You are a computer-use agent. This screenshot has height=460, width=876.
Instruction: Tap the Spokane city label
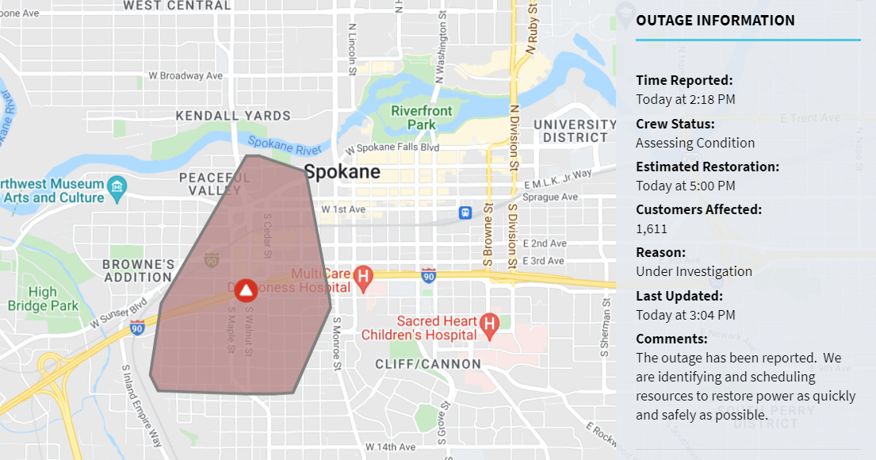[342, 171]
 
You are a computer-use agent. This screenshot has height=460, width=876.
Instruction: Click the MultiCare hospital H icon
[363, 277]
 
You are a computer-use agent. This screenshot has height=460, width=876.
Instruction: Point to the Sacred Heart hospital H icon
[489, 324]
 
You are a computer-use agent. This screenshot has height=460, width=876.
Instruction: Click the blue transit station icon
[465, 213]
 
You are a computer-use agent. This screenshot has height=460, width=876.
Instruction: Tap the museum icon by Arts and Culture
[118, 187]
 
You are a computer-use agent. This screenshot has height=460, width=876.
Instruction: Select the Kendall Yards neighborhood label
[233, 116]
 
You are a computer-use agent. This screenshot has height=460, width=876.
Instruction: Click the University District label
[575, 131]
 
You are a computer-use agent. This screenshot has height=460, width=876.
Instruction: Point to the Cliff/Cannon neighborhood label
[428, 364]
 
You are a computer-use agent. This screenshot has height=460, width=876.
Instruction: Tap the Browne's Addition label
[138, 270]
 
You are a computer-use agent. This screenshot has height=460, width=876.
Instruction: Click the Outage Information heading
[715, 21]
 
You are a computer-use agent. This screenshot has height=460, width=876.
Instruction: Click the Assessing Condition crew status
[695, 143]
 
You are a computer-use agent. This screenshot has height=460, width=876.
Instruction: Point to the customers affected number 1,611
[652, 228]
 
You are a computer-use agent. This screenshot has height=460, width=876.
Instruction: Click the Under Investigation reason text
[694, 271]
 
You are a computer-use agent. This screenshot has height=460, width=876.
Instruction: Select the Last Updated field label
[679, 296]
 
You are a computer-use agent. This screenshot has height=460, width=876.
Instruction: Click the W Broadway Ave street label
[186, 76]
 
